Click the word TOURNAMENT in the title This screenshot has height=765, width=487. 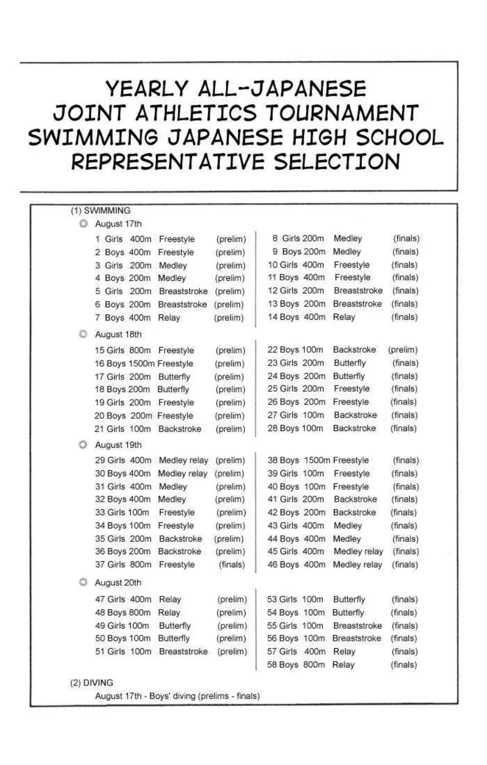click(341, 113)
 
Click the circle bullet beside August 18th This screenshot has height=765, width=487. click(83, 334)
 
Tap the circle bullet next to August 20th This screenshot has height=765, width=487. click(83, 583)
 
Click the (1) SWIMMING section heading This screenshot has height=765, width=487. click(100, 211)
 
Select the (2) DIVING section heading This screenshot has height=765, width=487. click(91, 683)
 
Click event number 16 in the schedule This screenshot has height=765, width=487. click(100, 364)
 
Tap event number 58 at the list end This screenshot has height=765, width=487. click(272, 665)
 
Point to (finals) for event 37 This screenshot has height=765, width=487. click(232, 565)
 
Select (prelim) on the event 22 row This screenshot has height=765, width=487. click(403, 350)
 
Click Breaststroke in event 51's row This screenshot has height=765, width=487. click(183, 652)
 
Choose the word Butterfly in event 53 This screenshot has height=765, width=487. click(349, 600)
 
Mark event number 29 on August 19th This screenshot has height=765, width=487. click(100, 461)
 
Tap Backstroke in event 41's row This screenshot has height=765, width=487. click(355, 500)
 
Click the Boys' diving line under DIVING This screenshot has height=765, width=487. click(177, 696)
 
